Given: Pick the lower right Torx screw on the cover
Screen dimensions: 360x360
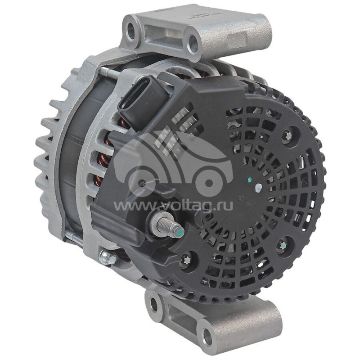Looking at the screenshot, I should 282,246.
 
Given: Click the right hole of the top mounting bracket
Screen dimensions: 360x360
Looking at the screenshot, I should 193,44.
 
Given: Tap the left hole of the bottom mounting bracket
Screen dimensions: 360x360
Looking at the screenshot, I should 154,305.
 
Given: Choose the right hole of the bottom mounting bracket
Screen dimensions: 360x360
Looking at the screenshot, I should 207,334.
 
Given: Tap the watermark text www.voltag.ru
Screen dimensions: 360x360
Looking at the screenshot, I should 173,205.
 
